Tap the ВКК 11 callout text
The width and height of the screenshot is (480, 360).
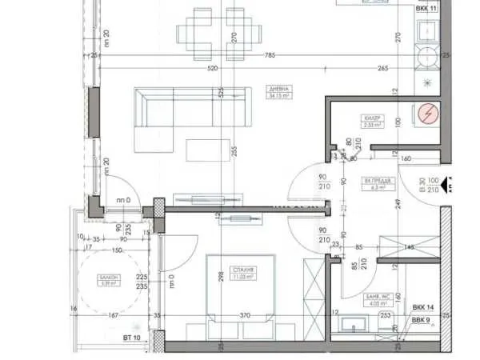426,8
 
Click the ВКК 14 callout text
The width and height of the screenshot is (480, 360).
423,308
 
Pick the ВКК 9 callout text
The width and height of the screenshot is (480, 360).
421,320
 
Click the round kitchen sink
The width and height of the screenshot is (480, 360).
426,58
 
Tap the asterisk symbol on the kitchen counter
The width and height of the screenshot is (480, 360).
426,82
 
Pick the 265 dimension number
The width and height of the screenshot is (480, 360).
382,69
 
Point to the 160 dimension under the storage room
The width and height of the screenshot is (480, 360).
406,158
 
